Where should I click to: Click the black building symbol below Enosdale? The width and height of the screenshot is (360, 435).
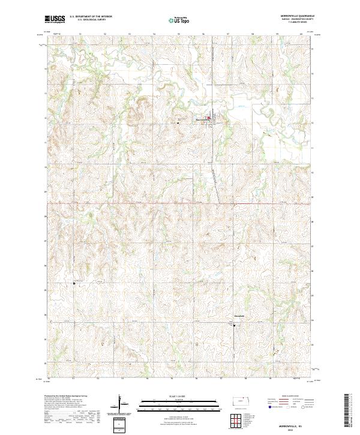[x=234, y=325]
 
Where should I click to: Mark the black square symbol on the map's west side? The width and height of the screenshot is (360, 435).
[x=74, y=283]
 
